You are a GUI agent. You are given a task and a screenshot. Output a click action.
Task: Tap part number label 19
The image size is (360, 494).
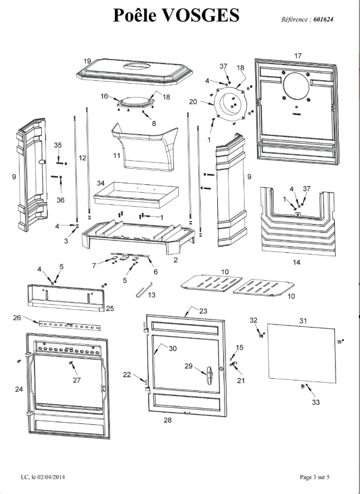pos(87,61)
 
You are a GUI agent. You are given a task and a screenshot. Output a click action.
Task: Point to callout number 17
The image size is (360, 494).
pos(298,56)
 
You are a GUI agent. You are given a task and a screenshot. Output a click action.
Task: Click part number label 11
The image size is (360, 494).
pos(116,155)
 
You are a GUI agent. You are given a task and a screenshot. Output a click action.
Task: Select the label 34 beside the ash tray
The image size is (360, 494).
pos(101,183)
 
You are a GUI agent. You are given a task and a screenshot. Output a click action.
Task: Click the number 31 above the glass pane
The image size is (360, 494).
pos(303,321)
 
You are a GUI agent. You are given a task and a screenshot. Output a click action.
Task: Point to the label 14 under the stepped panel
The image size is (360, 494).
pos(296,262)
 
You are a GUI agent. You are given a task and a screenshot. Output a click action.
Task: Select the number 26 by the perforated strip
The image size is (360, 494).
pos(17,317)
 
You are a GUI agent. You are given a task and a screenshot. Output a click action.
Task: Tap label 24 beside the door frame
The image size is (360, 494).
pos(18,389)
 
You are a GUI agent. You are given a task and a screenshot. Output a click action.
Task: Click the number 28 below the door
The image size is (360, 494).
pos(167,420)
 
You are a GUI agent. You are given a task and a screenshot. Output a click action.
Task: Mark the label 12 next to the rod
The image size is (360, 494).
pos(82,159)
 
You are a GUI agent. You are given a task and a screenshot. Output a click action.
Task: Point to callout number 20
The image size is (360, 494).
pos(193,102)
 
